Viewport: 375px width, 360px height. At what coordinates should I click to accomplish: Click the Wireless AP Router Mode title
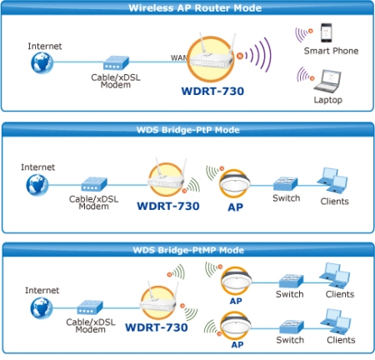[x=195, y=8]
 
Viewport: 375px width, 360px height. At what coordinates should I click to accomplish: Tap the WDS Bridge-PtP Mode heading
[x=188, y=130]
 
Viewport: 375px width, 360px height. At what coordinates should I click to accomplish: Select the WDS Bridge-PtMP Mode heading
[x=188, y=250]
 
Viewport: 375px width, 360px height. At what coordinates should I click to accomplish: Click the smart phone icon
[x=326, y=32]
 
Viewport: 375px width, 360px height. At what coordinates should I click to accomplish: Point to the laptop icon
[x=327, y=82]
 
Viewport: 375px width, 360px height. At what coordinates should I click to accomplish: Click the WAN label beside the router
[x=179, y=57]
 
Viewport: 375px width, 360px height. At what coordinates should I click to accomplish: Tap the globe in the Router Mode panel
[x=42, y=62]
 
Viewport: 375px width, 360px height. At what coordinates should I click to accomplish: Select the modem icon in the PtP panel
[x=94, y=184]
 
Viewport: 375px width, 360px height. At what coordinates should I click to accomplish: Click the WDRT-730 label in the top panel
[x=212, y=91]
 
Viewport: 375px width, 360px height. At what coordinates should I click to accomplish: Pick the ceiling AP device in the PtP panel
[x=234, y=183]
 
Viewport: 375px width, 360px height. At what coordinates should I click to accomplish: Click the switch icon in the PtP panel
[x=285, y=183]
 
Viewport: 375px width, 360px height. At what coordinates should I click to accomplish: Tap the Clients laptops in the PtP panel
[x=332, y=180]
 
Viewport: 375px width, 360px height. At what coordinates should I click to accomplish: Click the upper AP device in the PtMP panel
[x=236, y=282]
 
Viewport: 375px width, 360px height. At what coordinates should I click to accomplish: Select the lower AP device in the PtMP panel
[x=236, y=326]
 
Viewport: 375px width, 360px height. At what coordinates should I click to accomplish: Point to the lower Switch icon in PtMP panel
[x=292, y=327]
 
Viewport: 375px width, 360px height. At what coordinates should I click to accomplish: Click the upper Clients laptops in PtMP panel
[x=334, y=276]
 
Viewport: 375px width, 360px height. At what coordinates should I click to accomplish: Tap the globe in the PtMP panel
[x=42, y=308]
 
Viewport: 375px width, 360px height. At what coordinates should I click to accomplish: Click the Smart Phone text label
[x=331, y=51]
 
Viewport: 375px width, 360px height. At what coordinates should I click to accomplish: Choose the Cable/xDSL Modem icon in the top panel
[x=116, y=62]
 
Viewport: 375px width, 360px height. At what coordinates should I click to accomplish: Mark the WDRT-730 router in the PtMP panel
[x=158, y=302]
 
